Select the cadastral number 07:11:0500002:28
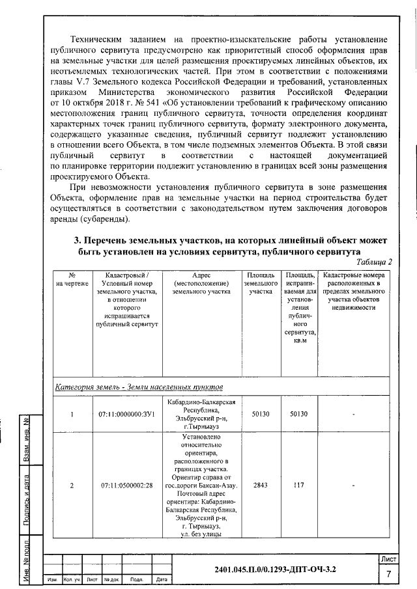[x=126, y=486]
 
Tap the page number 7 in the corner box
[x=388, y=574]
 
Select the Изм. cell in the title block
[x=51, y=580]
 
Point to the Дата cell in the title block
[x=162, y=580]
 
